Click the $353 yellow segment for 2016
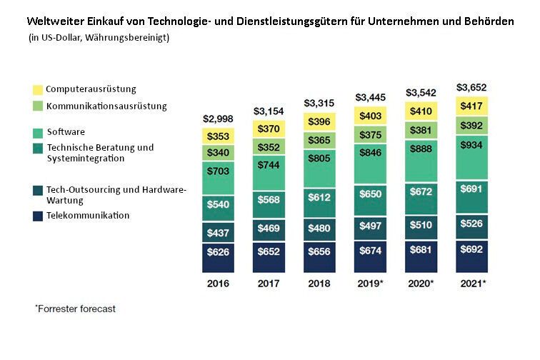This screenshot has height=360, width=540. coord(219,136)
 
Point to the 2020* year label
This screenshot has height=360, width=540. coord(421,283)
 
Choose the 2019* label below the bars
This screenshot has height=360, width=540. coord(371,283)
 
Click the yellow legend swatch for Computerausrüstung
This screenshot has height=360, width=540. coord(38,90)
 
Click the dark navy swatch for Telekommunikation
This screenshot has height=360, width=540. coord(38,216)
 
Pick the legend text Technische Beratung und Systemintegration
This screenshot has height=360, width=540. coord(99,153)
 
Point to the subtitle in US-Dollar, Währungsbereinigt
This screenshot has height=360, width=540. coord(99,38)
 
